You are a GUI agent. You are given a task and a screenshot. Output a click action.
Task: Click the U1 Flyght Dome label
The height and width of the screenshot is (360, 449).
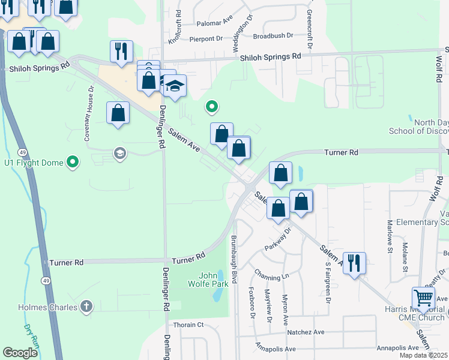point(33,162)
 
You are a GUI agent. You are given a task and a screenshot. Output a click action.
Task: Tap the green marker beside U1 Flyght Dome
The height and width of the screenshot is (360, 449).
point(73,162)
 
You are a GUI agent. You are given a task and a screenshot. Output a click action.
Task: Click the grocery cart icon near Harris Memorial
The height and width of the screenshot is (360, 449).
point(423,297)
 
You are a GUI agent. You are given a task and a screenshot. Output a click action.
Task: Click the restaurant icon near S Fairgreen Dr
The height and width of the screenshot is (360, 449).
point(354,263)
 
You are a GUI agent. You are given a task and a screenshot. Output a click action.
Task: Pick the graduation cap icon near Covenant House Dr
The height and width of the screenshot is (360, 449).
point(120,154)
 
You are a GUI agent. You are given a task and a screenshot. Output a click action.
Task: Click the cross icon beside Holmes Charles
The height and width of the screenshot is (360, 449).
point(86,307)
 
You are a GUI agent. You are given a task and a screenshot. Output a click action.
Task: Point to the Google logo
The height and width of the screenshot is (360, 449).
point(20,353)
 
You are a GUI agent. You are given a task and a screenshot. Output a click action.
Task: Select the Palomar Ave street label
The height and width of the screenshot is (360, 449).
point(215,25)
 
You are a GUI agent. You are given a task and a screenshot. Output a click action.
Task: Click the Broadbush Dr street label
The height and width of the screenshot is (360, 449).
point(273,35)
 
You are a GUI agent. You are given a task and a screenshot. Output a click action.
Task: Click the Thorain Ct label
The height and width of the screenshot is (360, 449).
point(188,325)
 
